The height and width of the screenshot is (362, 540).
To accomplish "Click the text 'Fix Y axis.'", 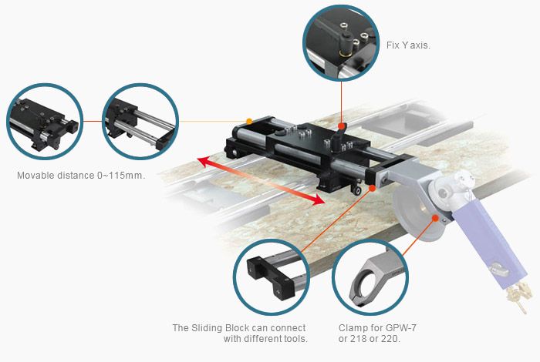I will pyautogui.click(x=408, y=45).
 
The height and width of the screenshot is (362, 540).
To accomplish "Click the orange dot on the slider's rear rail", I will pyautogui.click(x=249, y=121).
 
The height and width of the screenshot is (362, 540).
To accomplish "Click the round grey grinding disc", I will pyautogui.click(x=417, y=212).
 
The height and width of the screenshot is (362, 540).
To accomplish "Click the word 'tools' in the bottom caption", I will pyautogui.click(x=294, y=340).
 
